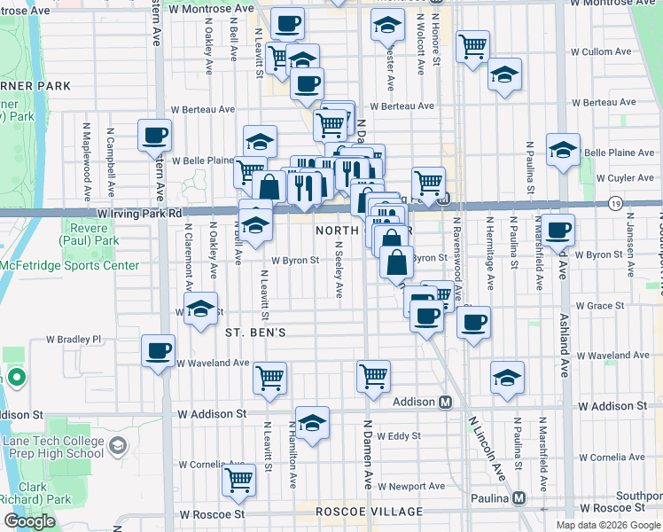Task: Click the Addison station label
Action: click(x=414, y=402)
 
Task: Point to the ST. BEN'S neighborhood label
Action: click(x=254, y=332)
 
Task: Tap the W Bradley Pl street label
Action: click(x=74, y=340)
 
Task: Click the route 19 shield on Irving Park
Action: click(x=615, y=204)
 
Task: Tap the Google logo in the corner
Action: click(x=29, y=520)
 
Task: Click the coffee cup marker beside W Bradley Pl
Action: click(x=159, y=350)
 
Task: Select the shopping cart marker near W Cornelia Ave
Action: click(x=239, y=481)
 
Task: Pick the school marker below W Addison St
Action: click(x=312, y=423)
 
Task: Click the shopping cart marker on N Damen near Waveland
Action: click(x=373, y=375)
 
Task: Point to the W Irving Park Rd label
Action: click(x=140, y=213)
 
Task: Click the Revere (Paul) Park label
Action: click(x=88, y=233)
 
